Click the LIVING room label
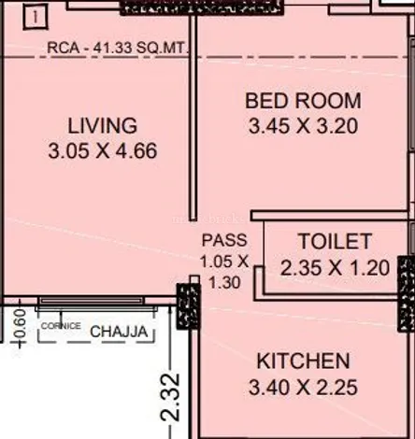103,125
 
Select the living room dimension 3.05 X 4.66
103,151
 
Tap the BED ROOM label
303,101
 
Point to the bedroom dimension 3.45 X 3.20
303,126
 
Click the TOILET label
335,241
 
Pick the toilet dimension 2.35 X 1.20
335,268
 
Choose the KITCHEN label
303,361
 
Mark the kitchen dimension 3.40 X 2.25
303,388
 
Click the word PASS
224,240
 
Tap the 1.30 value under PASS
224,283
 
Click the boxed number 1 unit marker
36,18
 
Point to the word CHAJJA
119,332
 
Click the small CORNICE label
61,326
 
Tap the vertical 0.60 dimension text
20,324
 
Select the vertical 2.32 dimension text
170,398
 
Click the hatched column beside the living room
189,305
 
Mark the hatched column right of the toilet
407,294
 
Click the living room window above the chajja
92,301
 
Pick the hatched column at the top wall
202,7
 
